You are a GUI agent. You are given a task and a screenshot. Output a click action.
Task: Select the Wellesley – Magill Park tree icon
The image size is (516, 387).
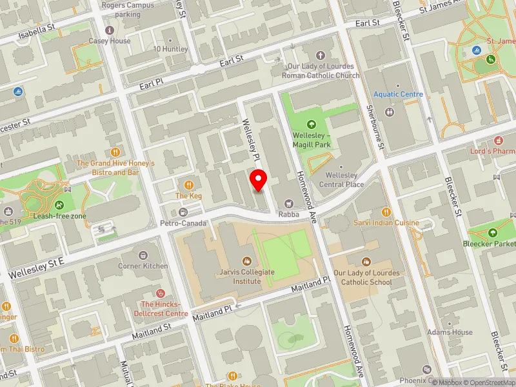point(312,124)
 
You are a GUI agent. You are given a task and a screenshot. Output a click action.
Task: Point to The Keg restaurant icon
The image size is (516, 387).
point(190,185)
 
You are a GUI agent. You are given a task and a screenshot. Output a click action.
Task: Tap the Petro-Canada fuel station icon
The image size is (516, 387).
point(183,213)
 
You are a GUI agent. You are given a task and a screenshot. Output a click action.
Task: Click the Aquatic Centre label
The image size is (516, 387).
point(398,94)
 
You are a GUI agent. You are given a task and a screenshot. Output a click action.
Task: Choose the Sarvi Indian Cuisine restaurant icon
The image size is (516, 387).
point(386,212)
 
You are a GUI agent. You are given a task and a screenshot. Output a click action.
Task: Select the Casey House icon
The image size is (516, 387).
point(110,30)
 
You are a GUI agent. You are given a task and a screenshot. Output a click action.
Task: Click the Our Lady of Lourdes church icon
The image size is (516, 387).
point(321,55)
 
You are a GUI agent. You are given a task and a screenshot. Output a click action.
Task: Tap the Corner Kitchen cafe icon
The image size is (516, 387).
point(143,255)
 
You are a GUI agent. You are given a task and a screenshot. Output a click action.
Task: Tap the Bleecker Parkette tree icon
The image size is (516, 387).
point(493,233)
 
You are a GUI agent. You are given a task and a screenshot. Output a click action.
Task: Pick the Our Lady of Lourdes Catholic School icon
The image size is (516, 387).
point(366,262)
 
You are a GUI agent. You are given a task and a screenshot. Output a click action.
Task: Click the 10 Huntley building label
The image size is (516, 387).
point(170,49)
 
